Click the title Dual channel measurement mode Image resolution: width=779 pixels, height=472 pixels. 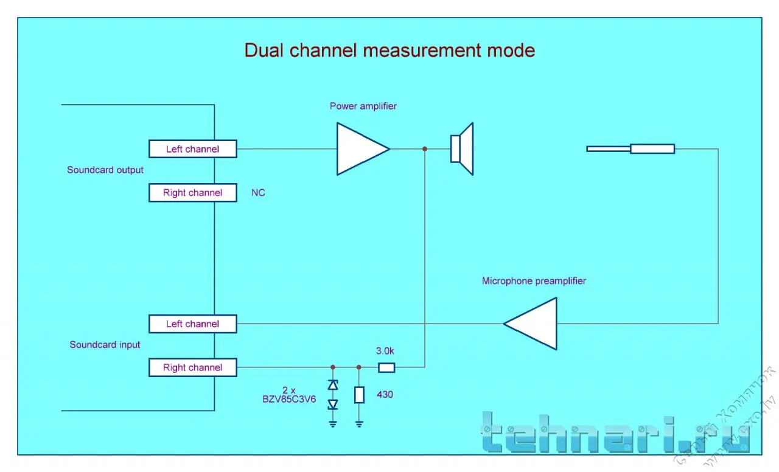(389, 50)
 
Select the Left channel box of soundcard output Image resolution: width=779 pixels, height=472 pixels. (192, 149)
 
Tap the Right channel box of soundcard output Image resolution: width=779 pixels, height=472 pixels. (192, 193)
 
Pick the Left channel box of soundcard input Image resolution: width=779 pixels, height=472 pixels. (192, 324)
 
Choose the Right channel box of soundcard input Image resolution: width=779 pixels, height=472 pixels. (192, 367)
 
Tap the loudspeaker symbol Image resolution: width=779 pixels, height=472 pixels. (463, 149)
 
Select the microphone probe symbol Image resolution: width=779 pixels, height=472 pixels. (631, 149)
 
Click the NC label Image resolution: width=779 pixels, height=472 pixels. (258, 193)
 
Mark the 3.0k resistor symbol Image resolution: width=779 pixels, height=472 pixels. (386, 367)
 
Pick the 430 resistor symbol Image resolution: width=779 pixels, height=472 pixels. (359, 394)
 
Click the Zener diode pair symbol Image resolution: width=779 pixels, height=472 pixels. (333, 395)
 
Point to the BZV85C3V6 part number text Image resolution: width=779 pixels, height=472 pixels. (289, 400)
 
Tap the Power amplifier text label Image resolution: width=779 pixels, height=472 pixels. (363, 106)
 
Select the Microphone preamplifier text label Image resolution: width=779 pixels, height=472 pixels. (534, 281)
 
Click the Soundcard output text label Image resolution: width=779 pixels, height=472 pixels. (105, 170)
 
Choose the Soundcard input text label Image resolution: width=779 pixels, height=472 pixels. (105, 345)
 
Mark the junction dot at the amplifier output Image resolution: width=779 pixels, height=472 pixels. (424, 149)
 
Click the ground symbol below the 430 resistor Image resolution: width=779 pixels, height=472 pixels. (359, 423)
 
